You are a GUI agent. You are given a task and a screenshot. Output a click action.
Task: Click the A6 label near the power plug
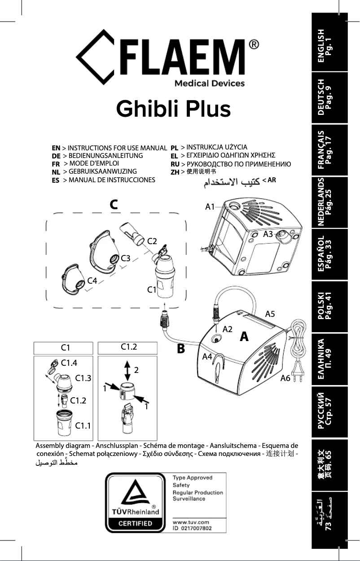pos(285,378)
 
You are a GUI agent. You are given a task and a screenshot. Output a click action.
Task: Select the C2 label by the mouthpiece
pos(152,241)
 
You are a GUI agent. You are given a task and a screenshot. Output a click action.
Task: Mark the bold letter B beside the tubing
pos(181,349)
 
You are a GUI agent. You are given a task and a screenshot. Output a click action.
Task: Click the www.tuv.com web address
pos(191,522)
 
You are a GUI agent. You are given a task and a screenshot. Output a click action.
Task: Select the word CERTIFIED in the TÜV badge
pos(135,523)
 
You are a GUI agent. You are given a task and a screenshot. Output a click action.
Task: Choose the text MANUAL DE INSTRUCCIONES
pos(112,180)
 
